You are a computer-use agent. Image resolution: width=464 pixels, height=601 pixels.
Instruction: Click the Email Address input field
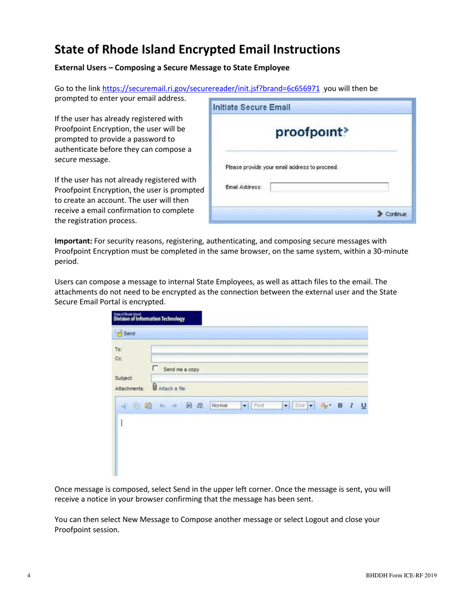click(329, 187)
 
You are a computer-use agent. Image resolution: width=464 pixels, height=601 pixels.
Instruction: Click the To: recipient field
click(259, 349)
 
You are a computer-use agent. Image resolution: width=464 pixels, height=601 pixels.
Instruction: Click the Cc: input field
click(259, 358)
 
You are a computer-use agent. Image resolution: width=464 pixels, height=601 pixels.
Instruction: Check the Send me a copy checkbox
click(155, 368)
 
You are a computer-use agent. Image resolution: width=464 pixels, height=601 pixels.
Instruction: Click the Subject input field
click(259, 378)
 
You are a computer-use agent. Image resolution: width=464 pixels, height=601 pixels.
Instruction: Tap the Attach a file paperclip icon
click(155, 388)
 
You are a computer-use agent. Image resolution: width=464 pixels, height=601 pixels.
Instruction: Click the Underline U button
click(363, 406)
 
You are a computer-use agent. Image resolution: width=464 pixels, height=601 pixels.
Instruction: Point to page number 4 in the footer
click(29, 576)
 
